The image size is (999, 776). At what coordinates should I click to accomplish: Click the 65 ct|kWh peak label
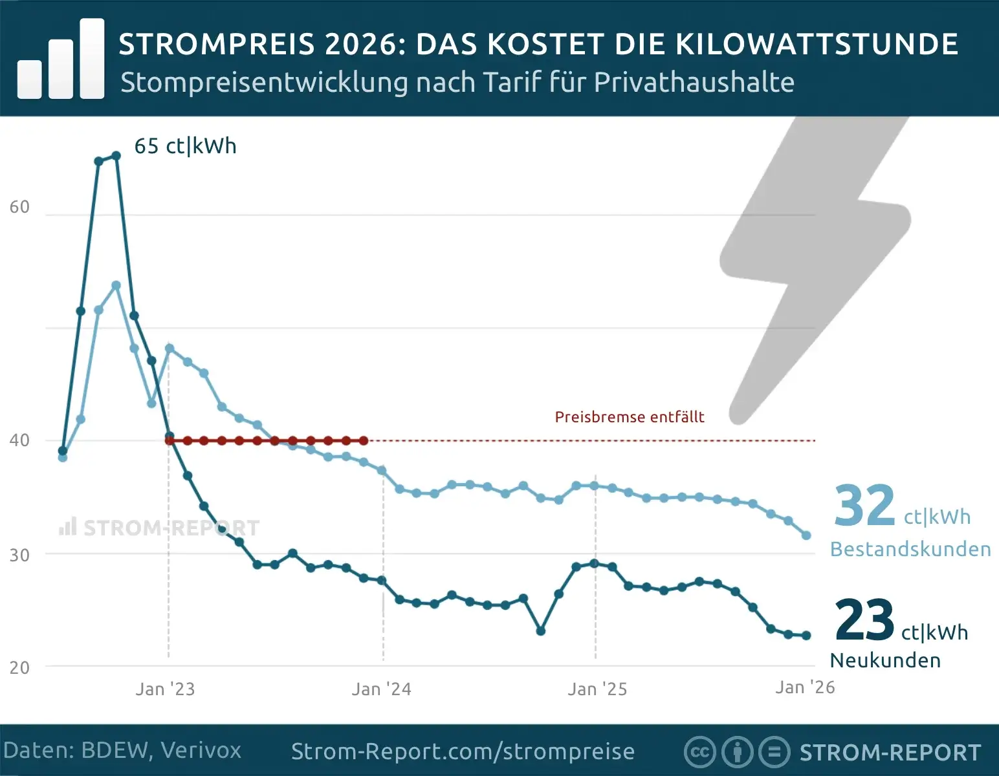185,146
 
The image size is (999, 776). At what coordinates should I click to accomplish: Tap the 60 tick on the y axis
19,207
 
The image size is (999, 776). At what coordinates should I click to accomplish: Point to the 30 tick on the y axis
19,555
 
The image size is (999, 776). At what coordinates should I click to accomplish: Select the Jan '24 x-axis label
381,689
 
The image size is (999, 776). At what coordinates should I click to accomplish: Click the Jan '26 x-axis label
805,687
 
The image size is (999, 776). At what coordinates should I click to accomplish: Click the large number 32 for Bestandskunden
864,506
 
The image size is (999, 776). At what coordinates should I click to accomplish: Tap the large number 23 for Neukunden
864,620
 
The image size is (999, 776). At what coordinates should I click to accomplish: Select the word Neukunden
885,660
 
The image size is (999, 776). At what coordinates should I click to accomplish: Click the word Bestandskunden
910,549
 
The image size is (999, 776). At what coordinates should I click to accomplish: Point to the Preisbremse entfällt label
629,417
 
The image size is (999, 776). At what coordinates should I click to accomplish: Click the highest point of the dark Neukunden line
116,156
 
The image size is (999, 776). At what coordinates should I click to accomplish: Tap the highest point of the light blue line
116,285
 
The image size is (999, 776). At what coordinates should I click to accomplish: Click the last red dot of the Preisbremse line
364,441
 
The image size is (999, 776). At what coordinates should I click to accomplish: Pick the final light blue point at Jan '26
806,535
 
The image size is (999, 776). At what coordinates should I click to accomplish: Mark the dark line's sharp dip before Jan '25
541,631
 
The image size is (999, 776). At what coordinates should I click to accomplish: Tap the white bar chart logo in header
61,59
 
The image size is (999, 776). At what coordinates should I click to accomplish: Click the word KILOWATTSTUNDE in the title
817,44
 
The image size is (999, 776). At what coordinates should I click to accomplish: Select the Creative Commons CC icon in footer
699,752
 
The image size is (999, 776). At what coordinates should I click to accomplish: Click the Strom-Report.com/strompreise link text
463,751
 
